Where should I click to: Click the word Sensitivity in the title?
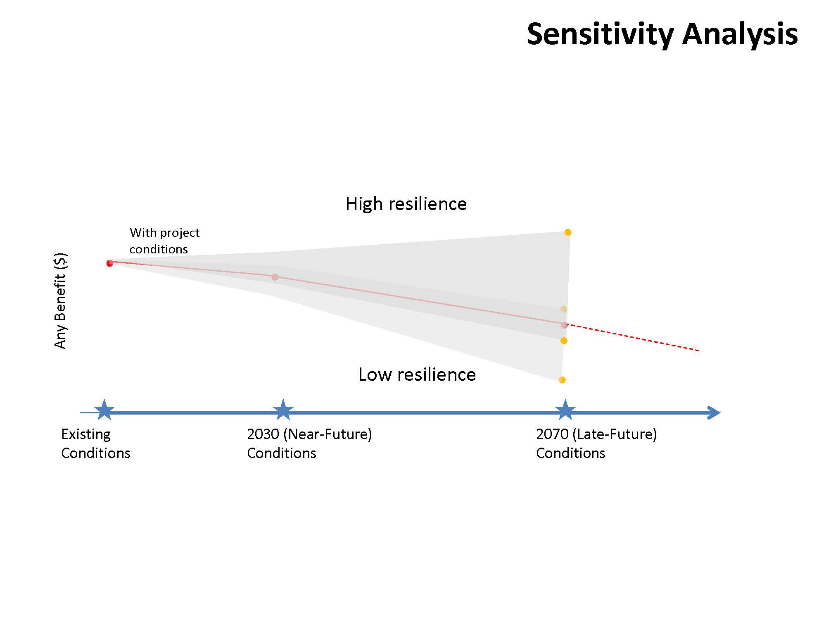tap(601, 34)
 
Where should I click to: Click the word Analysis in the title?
tap(740, 34)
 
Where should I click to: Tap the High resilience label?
tap(406, 204)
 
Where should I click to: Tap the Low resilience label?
tap(417, 374)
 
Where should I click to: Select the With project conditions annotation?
tap(164, 241)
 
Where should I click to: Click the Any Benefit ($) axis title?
tap(60, 300)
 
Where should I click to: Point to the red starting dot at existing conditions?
tap(109, 263)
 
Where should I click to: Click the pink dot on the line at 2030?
tap(275, 277)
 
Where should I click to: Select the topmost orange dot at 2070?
tap(568, 232)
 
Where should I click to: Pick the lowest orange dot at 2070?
tap(562, 380)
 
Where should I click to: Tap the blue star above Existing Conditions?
tap(104, 410)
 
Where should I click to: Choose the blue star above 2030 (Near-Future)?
tap(283, 410)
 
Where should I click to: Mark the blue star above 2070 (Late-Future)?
tap(565, 410)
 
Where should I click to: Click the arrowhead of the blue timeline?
tap(714, 413)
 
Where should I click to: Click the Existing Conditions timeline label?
tap(95, 444)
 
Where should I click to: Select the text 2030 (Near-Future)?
tap(309, 434)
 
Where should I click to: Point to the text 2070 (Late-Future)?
tap(596, 434)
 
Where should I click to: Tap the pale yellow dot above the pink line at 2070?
tap(564, 309)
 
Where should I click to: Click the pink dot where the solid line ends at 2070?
tap(564, 325)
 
